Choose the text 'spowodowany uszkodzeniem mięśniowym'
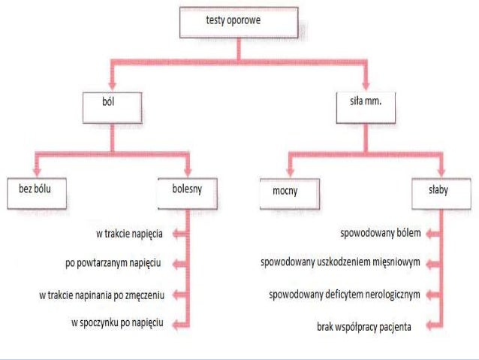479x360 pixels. (x=339, y=264)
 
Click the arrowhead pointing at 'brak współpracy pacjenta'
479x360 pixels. (x=428, y=325)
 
